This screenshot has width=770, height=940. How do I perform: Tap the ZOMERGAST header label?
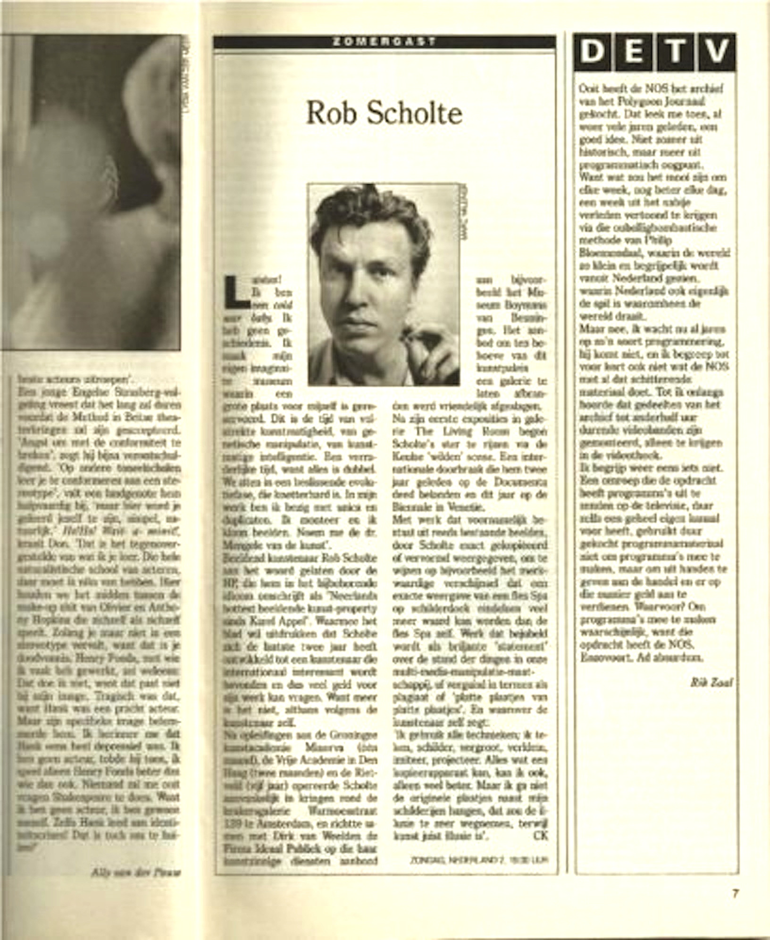(x=384, y=42)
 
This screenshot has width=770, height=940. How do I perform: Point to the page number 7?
(x=735, y=894)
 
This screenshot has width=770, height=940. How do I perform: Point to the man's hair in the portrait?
(x=372, y=213)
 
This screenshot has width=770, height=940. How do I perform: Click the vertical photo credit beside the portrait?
(x=465, y=213)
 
